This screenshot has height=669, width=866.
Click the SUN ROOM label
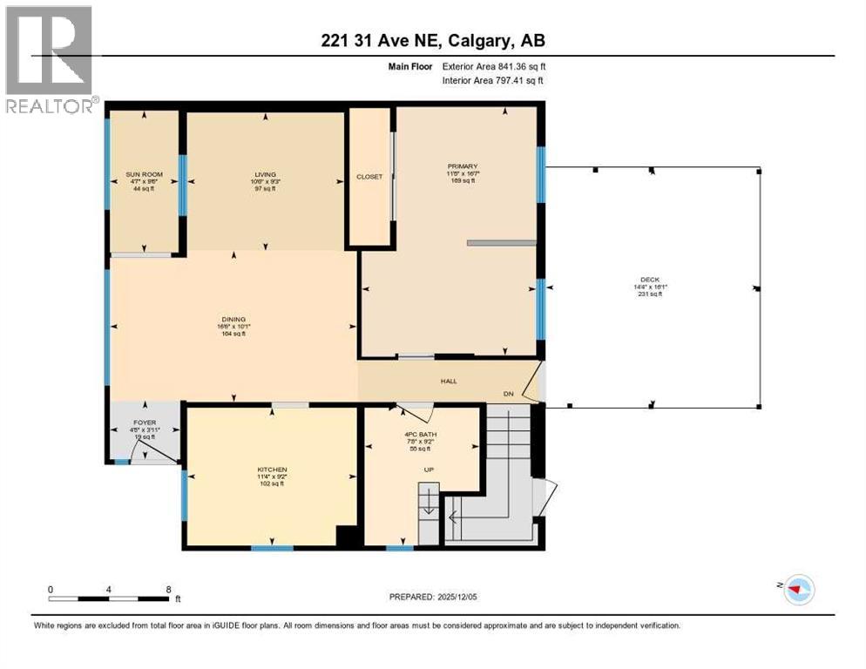[143, 174]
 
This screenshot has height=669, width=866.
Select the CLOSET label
[369, 177]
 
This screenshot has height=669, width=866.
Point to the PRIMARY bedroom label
[463, 166]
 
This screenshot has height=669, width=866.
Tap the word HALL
[448, 381]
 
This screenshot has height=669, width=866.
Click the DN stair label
[509, 394]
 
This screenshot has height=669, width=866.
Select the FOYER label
[144, 422]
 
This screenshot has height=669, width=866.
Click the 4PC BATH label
[420, 435]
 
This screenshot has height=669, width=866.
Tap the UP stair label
[429, 470]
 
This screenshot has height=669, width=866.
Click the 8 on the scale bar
[168, 589]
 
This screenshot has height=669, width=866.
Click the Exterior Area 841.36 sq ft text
[494, 65]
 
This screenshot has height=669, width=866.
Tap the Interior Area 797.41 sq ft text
[494, 80]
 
